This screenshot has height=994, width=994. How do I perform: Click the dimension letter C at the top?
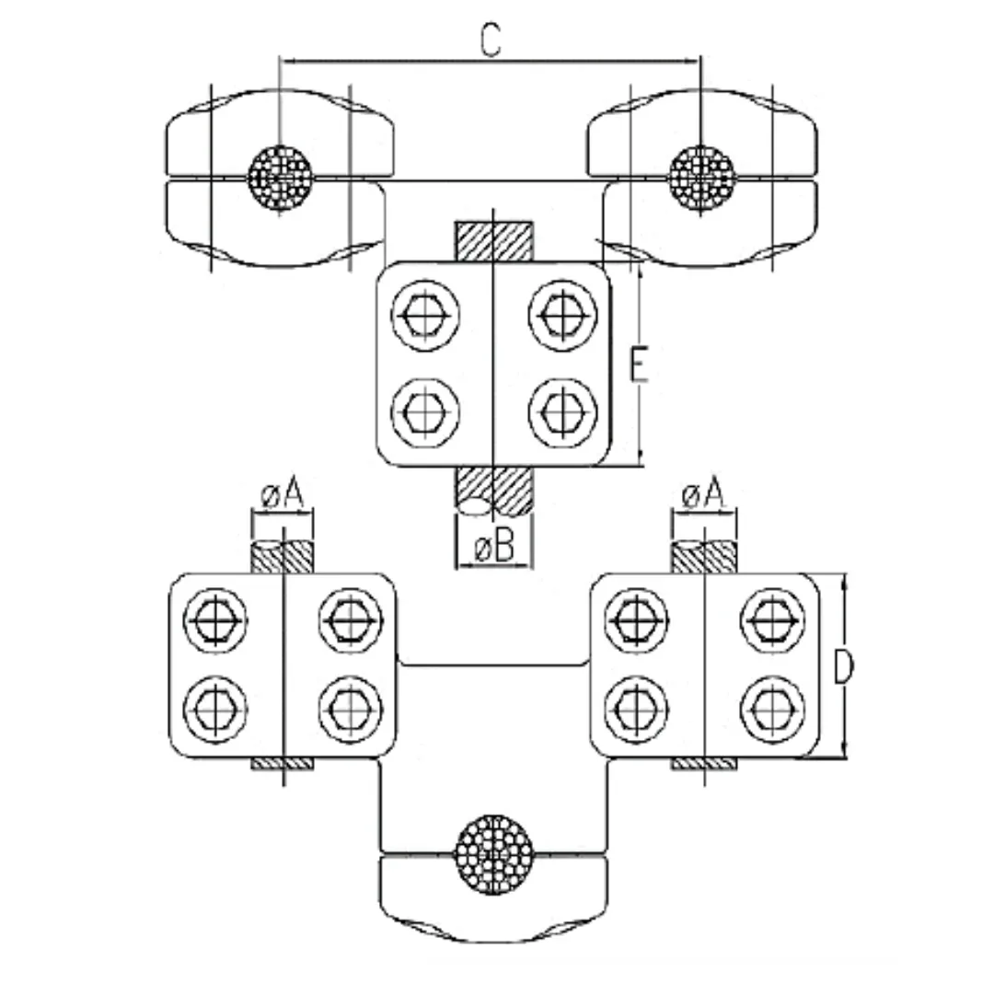point(491,40)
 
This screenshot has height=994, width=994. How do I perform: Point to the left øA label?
point(282,496)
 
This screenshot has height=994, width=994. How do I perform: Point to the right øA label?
point(702,496)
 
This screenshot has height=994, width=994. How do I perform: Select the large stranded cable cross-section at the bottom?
point(494,854)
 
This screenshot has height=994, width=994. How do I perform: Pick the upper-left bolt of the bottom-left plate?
point(215,620)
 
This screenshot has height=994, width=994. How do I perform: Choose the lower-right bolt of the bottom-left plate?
point(351,707)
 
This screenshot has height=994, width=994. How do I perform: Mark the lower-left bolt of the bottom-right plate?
point(636,707)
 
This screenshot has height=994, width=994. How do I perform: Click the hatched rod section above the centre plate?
point(494,241)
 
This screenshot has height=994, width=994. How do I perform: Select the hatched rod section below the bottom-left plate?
point(283,764)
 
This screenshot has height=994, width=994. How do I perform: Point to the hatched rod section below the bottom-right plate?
point(703,764)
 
